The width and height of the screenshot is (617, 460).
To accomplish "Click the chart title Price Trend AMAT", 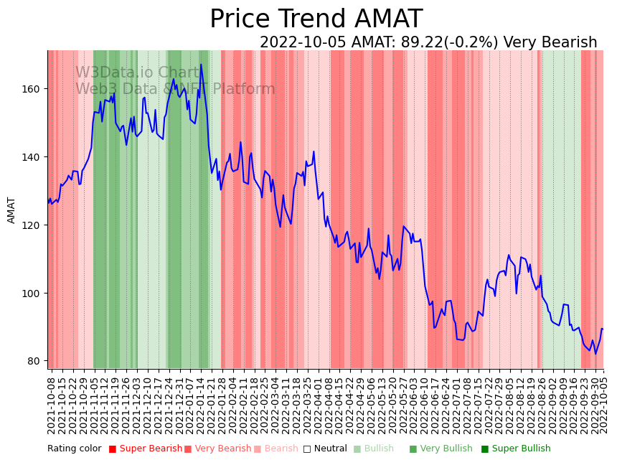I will pos(316,19).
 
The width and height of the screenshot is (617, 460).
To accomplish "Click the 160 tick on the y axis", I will pos(34,89).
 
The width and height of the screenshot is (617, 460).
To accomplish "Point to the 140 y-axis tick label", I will pos(34,157).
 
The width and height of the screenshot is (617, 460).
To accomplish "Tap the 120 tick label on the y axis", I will pos(34,225).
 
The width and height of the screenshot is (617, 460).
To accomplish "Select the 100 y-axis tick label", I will pos(34,294).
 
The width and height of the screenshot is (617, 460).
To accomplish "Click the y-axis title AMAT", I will pos(11,210).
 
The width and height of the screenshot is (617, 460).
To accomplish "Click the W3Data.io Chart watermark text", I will pos(137,72).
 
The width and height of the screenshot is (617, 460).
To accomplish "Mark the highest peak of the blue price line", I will pos(201,65).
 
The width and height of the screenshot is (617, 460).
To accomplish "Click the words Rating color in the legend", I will pos(75,449).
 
